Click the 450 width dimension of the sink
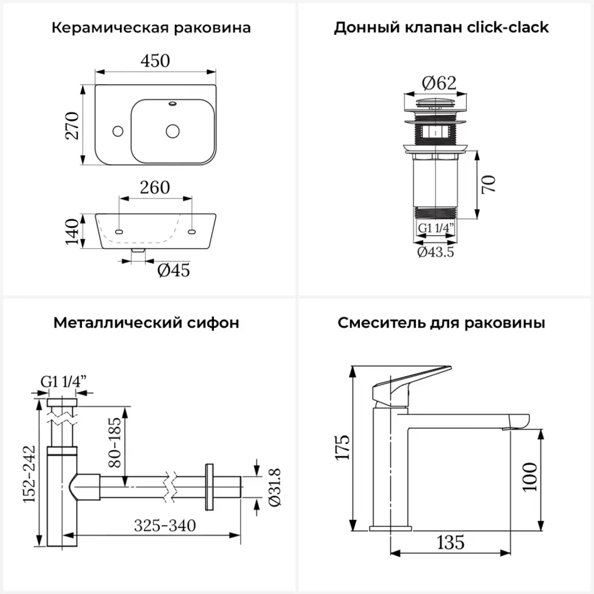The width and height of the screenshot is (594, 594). [155, 61]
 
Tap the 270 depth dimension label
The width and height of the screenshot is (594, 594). [72, 125]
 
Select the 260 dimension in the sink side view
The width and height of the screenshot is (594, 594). [155, 188]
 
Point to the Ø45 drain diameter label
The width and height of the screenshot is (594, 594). [173, 270]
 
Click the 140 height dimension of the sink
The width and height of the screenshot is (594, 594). [72, 232]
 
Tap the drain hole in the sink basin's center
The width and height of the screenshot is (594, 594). [173, 131]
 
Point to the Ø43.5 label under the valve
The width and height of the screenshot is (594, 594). [435, 252]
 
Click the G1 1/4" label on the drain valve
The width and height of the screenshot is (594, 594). [435, 228]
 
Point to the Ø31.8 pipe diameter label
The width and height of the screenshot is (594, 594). [274, 487]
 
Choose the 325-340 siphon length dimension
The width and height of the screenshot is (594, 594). [165, 525]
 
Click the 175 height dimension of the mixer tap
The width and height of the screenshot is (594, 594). [342, 447]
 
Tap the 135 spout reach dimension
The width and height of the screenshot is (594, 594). [450, 542]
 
